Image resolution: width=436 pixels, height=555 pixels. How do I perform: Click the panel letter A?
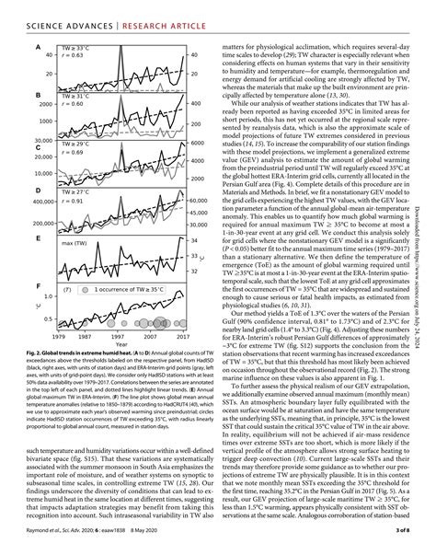pyautogui.click(x=37, y=47)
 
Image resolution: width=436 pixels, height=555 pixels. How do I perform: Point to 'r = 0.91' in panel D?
pyautogui.click(x=73, y=200)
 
